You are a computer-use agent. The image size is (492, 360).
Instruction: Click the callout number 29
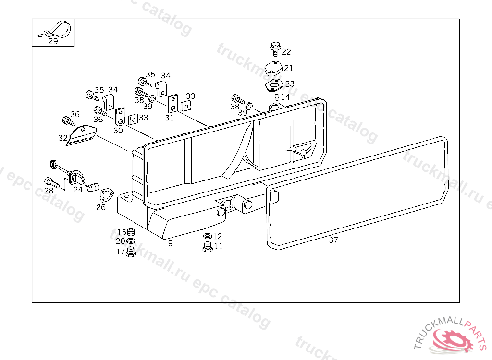[53, 42]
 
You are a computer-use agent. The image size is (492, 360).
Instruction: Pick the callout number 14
[285, 97]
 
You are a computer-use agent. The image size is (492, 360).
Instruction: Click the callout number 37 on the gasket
[333, 240]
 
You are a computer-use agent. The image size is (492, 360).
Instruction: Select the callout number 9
[170, 243]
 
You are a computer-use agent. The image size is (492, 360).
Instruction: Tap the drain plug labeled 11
[208, 247]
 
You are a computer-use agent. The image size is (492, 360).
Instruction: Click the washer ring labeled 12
[207, 236]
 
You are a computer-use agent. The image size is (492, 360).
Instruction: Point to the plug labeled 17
[130, 252]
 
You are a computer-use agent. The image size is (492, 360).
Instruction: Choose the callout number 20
[120, 241]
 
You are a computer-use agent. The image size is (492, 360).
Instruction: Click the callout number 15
[122, 233]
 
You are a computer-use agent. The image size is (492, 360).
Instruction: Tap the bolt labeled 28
[50, 182]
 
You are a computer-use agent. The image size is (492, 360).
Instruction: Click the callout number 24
[78, 190]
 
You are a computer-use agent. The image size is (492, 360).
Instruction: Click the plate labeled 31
[172, 103]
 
